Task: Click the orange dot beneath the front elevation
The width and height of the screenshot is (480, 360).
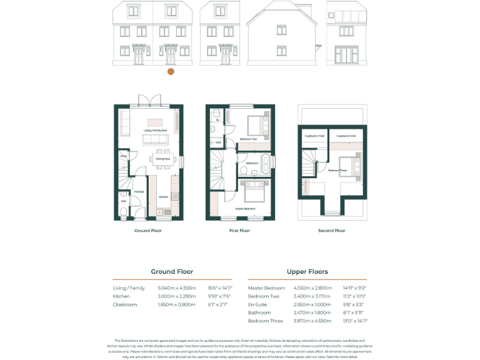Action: pos(171,72)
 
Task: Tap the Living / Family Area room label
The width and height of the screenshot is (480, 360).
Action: pos(156,131)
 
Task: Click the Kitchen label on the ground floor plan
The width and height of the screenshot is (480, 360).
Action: pos(162,197)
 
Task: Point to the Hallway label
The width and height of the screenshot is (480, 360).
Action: pos(139,192)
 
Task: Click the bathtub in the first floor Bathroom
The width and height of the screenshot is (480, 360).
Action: pos(264,163)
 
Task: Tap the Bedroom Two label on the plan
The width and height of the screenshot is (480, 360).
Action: pos(249,139)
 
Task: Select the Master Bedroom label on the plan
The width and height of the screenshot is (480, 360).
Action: pos(244,208)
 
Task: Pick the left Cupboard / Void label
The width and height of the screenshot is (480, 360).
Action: pos(314,136)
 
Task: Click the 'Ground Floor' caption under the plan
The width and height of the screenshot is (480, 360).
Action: pos(148,231)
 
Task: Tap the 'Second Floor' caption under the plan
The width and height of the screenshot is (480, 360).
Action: pos(331,231)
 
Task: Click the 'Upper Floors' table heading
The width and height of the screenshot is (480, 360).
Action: pos(307,272)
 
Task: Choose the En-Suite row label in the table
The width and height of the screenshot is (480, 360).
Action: pos(257,304)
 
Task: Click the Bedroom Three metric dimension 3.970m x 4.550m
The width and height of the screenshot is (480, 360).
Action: pos(310,321)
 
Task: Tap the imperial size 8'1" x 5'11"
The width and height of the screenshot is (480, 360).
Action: pos(352,312)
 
